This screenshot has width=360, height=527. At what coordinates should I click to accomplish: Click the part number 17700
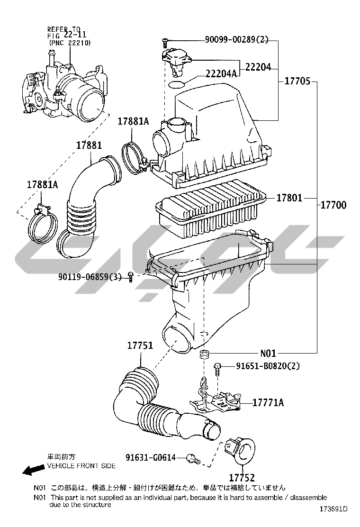pyautogui.click(x=333, y=205)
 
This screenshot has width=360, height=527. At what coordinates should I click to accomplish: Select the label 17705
pyautogui.click(x=297, y=82)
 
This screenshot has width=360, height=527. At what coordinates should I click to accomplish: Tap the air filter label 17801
pyautogui.click(x=289, y=197)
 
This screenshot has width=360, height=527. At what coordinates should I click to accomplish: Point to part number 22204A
pyautogui.click(x=221, y=73)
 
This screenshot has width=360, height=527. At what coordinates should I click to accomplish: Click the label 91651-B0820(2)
pyautogui.click(x=261, y=366)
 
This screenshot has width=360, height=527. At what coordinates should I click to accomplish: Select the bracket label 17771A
pyautogui.click(x=268, y=403)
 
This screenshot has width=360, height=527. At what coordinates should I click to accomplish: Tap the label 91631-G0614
pyautogui.click(x=151, y=457)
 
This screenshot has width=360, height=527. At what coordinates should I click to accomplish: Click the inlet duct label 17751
pyautogui.click(x=140, y=345)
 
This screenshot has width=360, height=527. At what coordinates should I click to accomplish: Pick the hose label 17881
pyautogui.click(x=89, y=145)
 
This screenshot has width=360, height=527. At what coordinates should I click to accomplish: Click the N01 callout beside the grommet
pyautogui.click(x=268, y=353)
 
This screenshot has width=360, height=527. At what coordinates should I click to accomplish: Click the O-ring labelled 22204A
pyautogui.click(x=177, y=85)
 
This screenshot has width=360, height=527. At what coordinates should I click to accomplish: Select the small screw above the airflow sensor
pyautogui.click(x=164, y=43)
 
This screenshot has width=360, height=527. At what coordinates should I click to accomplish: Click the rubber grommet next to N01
pyautogui.click(x=204, y=354)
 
